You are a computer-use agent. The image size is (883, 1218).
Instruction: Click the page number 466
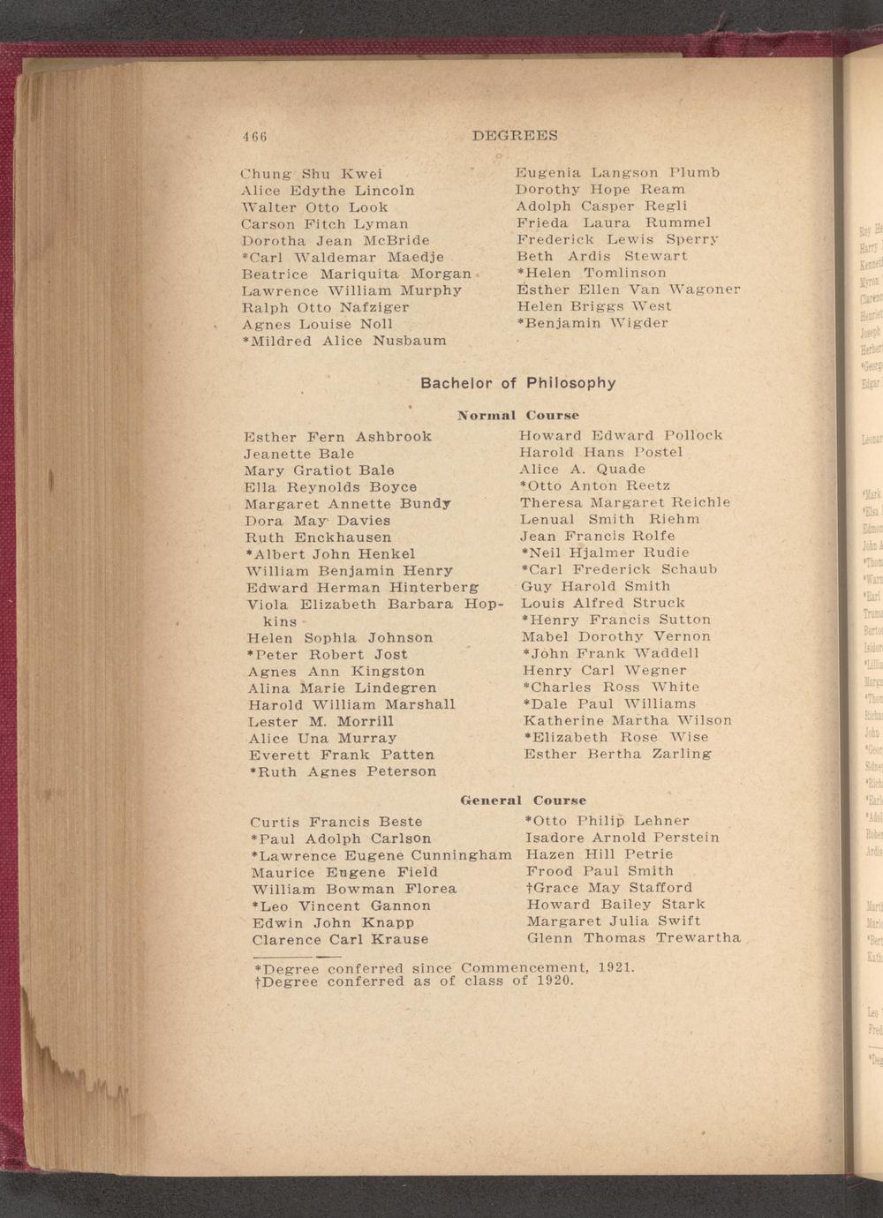click(255, 137)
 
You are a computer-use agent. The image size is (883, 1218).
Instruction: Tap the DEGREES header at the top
click(515, 136)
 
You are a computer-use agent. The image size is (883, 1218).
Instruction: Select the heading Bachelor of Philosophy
click(517, 383)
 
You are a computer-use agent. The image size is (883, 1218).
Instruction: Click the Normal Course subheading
click(518, 415)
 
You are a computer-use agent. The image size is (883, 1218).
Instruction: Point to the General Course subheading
click(524, 801)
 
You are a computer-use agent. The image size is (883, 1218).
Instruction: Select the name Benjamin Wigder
click(592, 323)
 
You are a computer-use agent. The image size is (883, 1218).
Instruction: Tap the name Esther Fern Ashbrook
click(337, 436)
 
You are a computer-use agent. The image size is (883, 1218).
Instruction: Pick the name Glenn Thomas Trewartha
click(633, 937)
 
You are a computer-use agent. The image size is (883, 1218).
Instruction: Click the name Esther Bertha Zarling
click(616, 755)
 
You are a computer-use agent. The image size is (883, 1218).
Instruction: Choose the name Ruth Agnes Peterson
click(343, 771)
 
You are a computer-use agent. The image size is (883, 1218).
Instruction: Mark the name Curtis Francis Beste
click(336, 822)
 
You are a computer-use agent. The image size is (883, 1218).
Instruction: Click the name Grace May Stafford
click(609, 887)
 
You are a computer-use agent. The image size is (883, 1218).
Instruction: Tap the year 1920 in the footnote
click(555, 981)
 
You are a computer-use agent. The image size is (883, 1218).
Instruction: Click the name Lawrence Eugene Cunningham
click(381, 855)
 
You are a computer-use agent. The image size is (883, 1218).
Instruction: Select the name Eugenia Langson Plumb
click(617, 172)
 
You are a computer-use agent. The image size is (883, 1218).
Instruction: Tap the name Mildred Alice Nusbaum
click(343, 341)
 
